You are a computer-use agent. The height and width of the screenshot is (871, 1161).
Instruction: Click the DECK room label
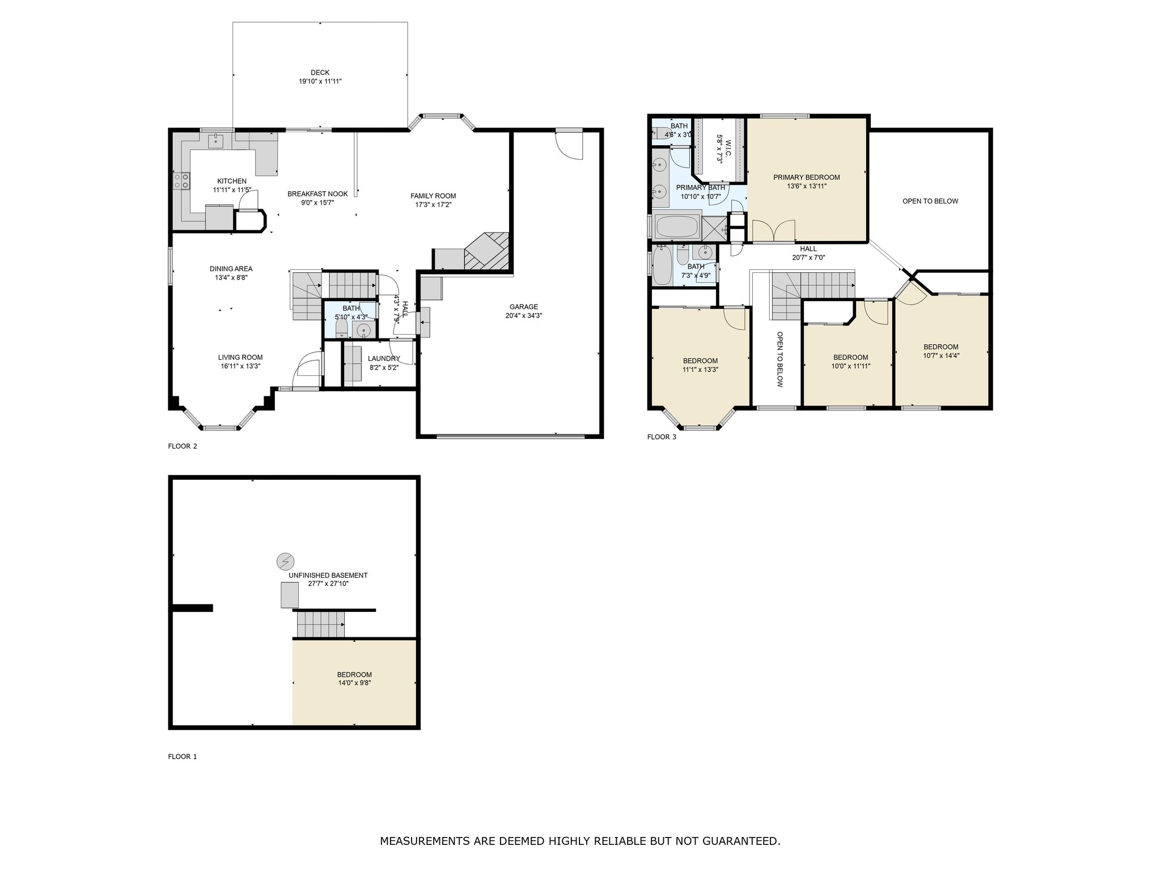pyautogui.click(x=320, y=72)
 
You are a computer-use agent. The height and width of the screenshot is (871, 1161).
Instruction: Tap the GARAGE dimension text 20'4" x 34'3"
pyautogui.click(x=524, y=316)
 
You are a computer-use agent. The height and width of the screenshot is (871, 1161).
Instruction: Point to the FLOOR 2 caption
pyautogui.click(x=183, y=446)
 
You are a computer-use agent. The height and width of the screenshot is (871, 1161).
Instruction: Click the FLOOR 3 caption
pyautogui.click(x=662, y=437)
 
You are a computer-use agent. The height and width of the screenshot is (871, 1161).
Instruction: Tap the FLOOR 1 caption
pyautogui.click(x=183, y=756)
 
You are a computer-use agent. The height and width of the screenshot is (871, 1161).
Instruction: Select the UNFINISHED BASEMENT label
pyautogui.click(x=328, y=575)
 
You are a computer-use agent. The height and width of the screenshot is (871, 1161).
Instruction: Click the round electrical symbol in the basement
pyautogui.click(x=285, y=561)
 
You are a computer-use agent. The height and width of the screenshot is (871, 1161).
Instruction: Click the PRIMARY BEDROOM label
pyautogui.click(x=807, y=177)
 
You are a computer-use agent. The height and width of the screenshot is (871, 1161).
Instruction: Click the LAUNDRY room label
pyautogui.click(x=384, y=358)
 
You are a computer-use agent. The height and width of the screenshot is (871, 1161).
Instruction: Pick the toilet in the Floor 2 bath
pyautogui.click(x=342, y=327)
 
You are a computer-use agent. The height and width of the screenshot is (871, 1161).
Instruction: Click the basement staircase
pyautogui.click(x=321, y=624)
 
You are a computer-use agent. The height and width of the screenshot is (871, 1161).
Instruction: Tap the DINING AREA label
pyautogui.click(x=231, y=269)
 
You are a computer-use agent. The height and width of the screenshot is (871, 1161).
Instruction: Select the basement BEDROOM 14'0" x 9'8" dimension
pyautogui.click(x=355, y=683)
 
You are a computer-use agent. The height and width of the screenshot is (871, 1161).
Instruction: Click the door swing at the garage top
pyautogui.click(x=569, y=145)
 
